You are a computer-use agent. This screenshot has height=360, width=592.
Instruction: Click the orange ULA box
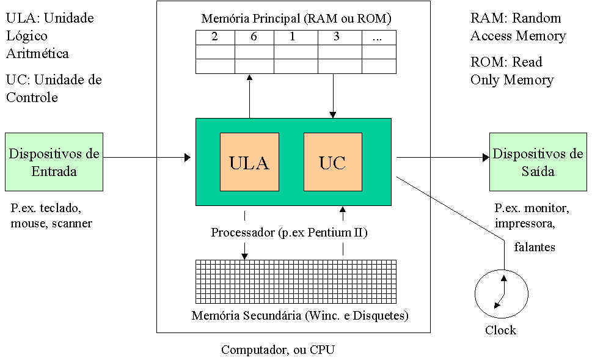tap(249, 162)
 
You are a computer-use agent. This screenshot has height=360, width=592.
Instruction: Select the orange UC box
tap(332, 162)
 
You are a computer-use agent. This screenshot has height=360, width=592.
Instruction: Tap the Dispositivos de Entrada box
tap(54, 162)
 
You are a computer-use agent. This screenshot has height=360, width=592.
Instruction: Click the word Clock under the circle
tap(500, 331)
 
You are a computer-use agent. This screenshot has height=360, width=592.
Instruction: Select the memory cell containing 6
tap(254, 37)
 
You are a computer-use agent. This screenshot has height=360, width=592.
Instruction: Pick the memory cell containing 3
tap(337, 37)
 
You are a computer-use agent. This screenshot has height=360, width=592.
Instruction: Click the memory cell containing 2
tap(214, 37)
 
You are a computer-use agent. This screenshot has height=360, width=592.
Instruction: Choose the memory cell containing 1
tap(293, 37)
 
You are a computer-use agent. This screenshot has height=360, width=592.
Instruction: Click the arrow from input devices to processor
tap(147, 158)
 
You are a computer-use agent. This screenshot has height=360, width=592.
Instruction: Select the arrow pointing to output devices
tap(443, 158)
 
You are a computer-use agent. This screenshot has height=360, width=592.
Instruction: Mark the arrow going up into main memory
tap(249, 95)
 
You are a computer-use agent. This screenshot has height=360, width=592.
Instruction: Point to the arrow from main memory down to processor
tap(332, 95)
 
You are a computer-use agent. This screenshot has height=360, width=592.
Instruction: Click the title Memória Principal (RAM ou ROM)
tap(296, 18)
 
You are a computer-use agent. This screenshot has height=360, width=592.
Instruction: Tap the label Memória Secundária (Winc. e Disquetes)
tap(300, 316)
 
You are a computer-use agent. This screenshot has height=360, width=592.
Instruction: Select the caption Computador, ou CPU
tap(278, 350)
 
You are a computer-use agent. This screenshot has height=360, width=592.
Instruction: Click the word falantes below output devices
tap(535, 247)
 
